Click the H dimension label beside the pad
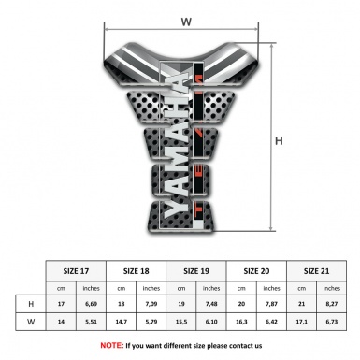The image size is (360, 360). pos(279,141)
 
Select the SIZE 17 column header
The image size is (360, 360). pos(76,269)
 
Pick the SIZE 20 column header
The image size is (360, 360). pos(257,269)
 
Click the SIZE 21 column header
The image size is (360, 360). pos(317,269)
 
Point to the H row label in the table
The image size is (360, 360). pos(31,304)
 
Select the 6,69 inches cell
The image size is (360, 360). pos(92,304)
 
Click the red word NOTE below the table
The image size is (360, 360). pos(113,345)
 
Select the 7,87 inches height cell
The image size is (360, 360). pos(272,304)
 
